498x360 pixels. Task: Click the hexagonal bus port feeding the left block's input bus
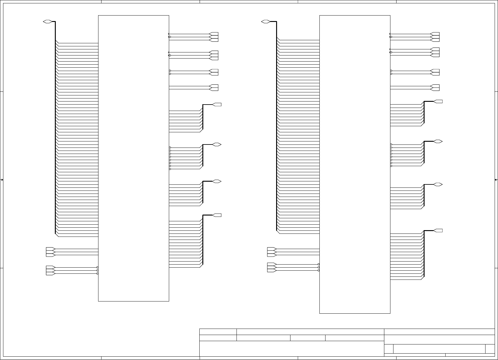47,22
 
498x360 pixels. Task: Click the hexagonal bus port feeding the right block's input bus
265,22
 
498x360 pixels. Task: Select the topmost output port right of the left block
214,34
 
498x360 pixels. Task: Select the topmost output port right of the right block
436,34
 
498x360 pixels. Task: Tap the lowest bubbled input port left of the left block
50,273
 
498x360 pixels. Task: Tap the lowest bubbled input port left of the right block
271,270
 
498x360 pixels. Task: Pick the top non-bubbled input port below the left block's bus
50,249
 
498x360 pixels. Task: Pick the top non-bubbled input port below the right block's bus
271,249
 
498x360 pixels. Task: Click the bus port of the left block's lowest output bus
217,215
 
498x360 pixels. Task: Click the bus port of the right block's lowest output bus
438,230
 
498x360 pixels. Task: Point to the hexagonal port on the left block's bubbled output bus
217,144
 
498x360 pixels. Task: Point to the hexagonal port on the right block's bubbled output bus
438,141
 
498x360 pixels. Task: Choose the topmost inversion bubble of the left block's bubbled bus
170,148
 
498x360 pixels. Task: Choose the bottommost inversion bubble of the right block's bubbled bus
391,166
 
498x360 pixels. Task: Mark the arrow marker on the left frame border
2,180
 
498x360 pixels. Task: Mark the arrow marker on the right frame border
496,180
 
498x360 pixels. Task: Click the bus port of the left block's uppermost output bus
217,105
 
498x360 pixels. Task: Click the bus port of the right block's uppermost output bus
438,102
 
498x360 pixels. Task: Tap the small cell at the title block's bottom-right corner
490,349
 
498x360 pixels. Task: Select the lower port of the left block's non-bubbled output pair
214,89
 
